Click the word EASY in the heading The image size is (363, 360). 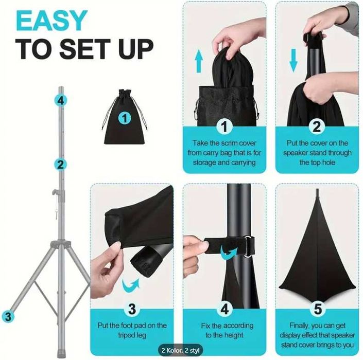51,21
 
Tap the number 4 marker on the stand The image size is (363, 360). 60,101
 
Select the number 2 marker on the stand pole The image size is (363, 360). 60,165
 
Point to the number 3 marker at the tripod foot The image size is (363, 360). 8,316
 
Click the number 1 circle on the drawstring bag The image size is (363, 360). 125,118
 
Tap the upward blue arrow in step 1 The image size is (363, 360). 199,61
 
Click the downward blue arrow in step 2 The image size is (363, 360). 293,60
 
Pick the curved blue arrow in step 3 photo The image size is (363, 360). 131,284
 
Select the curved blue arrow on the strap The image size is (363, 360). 229,253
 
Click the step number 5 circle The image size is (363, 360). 317,309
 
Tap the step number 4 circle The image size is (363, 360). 224,309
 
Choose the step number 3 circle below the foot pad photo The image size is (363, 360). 132,309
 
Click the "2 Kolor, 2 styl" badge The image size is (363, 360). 180,350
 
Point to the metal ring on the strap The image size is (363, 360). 248,246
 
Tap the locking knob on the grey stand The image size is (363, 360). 55,192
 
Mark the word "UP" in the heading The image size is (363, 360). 136,49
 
